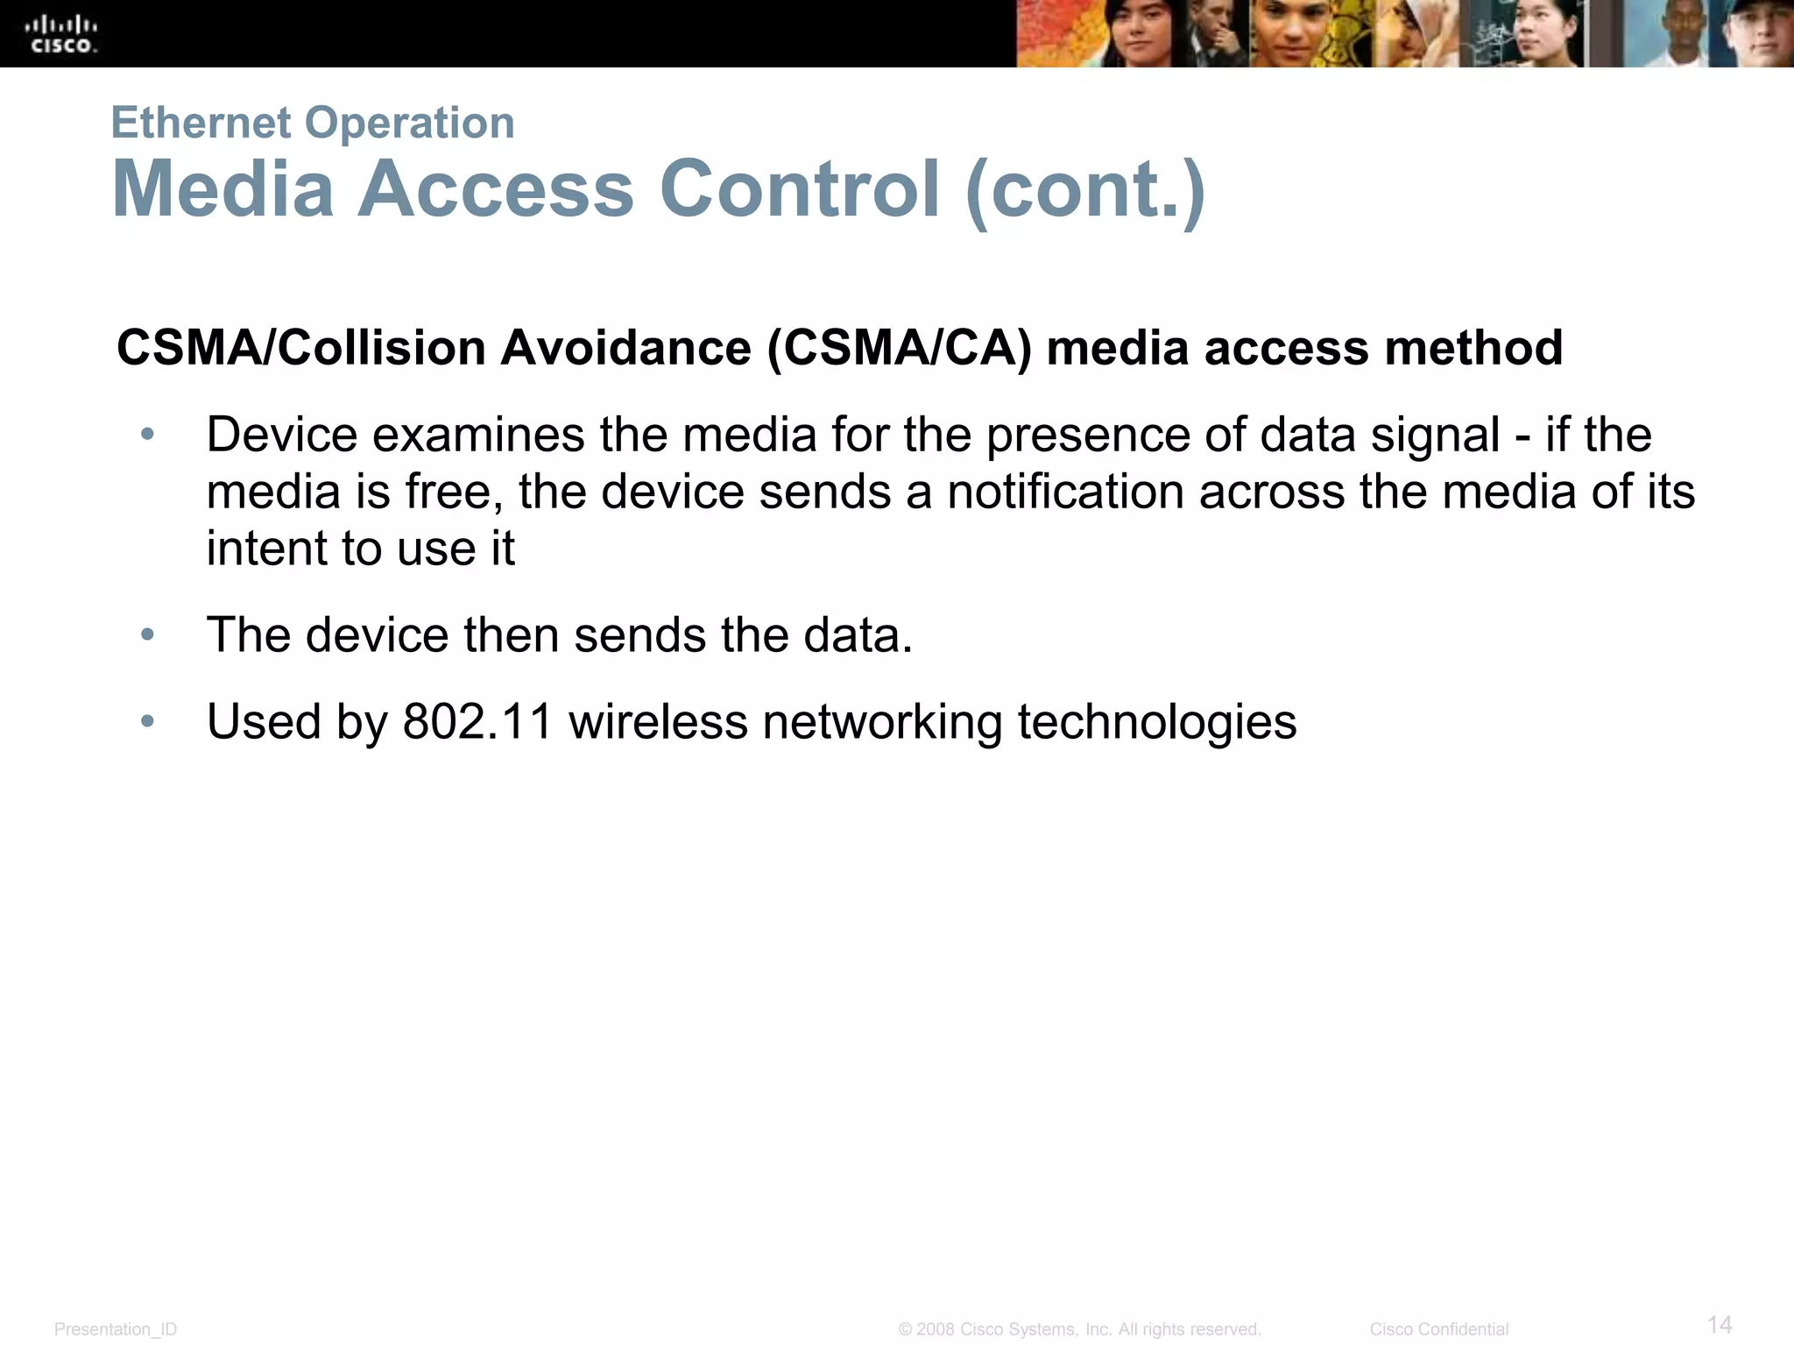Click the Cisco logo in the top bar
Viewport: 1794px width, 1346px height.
point(63,34)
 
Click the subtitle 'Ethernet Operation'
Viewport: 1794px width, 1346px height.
point(313,122)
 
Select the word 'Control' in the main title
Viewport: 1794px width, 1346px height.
point(799,188)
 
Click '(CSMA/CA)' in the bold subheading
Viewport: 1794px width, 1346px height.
point(899,348)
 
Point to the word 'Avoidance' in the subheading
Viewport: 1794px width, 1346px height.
point(625,348)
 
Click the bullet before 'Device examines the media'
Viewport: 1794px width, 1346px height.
point(147,434)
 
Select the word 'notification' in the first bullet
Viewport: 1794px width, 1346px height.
point(1065,491)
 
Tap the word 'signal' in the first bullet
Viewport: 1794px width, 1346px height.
point(1435,435)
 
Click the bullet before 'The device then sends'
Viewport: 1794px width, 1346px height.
point(147,634)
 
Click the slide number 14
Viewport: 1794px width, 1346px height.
point(1720,1323)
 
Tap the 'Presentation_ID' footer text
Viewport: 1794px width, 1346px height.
point(116,1329)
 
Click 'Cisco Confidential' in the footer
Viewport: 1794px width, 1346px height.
point(1438,1329)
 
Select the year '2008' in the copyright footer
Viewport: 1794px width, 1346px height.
point(935,1329)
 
